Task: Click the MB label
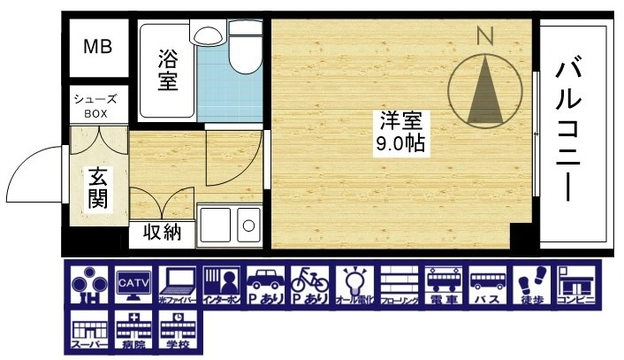click(97, 47)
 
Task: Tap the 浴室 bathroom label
click(168, 71)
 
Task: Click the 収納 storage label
click(160, 234)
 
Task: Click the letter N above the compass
click(483, 37)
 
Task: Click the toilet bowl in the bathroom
click(240, 53)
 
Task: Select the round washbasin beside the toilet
click(209, 35)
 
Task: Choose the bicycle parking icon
click(309, 284)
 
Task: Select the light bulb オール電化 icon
click(354, 284)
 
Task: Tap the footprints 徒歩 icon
click(531, 284)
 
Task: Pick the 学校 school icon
click(177, 331)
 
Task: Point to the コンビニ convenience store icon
click(576, 284)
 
